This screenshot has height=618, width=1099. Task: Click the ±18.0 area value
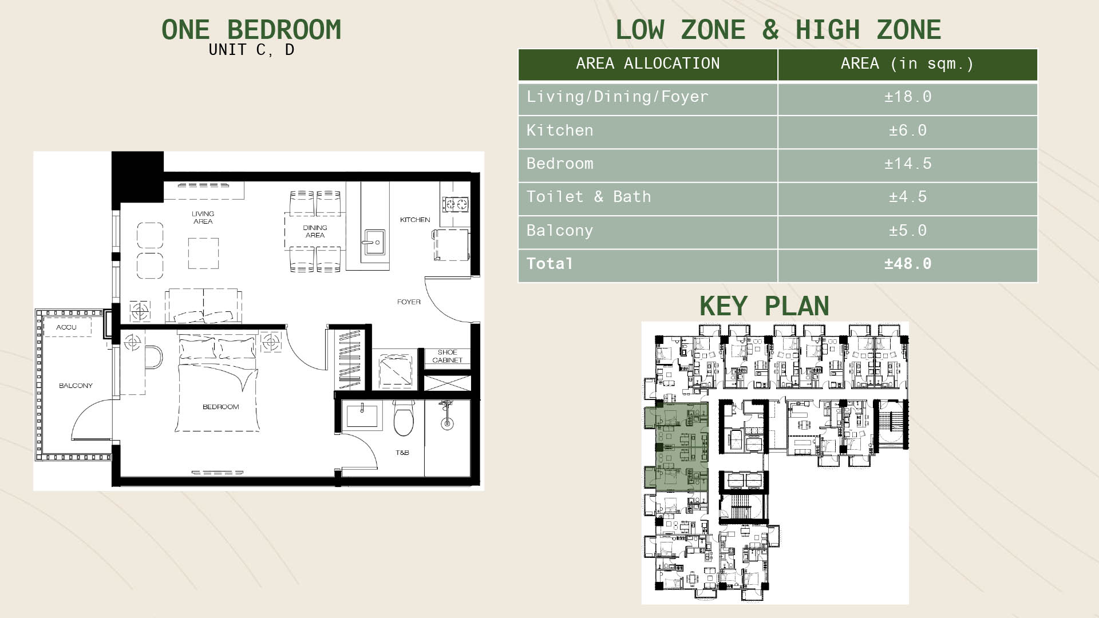click(908, 97)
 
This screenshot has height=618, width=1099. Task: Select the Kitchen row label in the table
click(560, 130)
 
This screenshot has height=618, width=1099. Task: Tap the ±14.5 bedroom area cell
click(908, 164)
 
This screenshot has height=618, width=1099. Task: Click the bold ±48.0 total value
click(908, 264)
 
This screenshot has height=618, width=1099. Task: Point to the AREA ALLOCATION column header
click(648, 64)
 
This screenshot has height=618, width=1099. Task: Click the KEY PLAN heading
click(764, 306)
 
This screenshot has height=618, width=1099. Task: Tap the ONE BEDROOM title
click(251, 30)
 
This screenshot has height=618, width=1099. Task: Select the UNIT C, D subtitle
click(251, 50)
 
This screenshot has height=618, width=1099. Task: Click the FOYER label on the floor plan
click(409, 302)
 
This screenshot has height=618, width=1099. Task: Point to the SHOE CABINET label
click(447, 356)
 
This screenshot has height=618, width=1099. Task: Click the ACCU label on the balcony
click(66, 327)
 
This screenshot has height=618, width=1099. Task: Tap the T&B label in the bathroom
click(402, 453)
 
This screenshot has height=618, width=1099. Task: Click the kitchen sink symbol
click(374, 243)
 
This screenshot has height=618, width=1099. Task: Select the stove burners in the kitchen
click(455, 203)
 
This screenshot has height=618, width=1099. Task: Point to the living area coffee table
click(203, 253)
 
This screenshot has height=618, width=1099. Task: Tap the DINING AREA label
click(315, 231)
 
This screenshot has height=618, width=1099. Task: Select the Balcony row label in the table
click(560, 231)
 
